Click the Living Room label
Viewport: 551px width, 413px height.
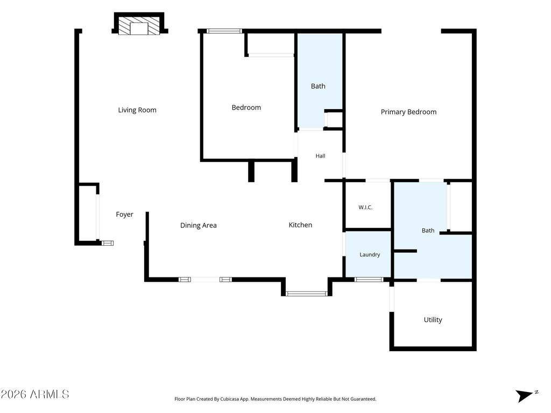[x=137, y=110]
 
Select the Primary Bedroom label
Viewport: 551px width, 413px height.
[x=409, y=112]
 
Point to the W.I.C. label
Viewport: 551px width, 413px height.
[x=365, y=208]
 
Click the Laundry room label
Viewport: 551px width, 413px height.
[x=370, y=254]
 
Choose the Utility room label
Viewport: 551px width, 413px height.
[x=433, y=320]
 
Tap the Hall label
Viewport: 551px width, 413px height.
[x=320, y=156]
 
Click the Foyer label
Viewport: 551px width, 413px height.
[x=125, y=215]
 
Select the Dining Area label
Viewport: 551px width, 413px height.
[x=199, y=225]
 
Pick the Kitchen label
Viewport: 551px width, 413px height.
[x=300, y=225]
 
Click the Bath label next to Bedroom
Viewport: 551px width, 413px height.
[x=318, y=87]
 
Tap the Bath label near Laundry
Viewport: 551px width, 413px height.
[x=428, y=231]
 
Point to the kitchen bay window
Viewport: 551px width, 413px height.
[x=306, y=294]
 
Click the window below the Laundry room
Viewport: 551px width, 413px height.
[x=369, y=280]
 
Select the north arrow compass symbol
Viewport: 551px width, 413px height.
[x=526, y=395]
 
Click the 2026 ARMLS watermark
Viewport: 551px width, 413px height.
[x=35, y=394]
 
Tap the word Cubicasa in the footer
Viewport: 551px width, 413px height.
[x=230, y=399]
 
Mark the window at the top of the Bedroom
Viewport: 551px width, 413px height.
[x=224, y=31]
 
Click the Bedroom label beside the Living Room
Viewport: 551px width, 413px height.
[x=246, y=108]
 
